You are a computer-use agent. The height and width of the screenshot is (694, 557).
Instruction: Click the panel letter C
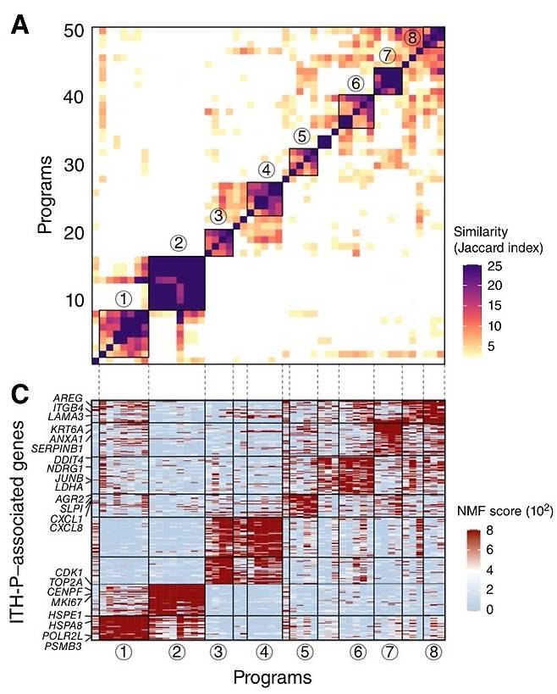19,394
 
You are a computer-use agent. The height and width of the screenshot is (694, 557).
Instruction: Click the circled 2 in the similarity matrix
178,243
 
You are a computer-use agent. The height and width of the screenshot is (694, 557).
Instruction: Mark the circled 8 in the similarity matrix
411,37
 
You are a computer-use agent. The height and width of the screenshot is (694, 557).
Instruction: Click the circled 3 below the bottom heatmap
219,652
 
